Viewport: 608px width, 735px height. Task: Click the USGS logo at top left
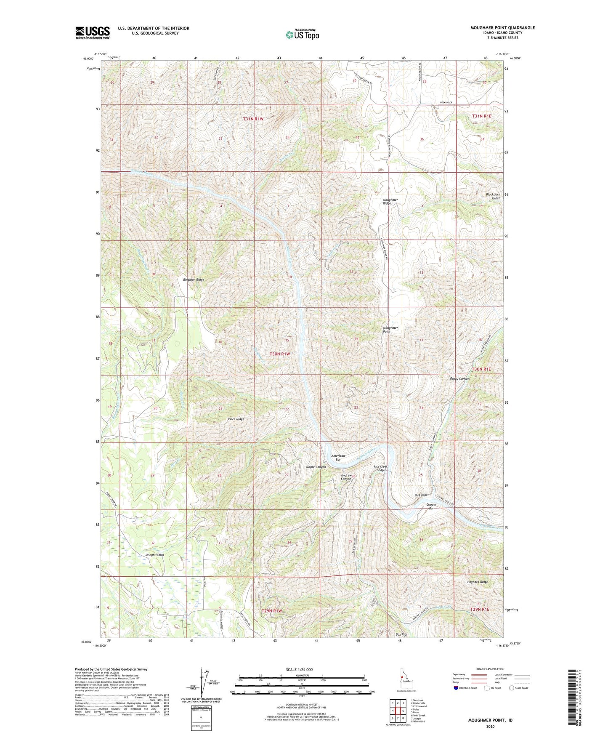click(93, 32)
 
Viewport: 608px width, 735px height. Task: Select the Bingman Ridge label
click(194, 280)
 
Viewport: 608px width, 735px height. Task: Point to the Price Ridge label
click(236, 419)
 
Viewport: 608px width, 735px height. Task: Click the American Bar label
click(338, 458)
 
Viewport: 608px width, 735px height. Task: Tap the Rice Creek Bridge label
click(380, 468)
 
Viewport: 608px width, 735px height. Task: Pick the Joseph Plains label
click(154, 555)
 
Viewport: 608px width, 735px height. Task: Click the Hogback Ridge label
click(478, 582)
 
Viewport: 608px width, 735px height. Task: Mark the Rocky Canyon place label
click(460, 379)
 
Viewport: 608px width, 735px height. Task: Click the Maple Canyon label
click(316, 467)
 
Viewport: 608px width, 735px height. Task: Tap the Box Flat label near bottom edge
click(402, 634)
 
